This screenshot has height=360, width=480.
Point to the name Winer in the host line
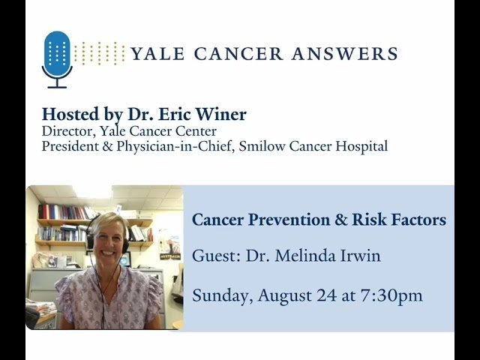[x=223, y=115]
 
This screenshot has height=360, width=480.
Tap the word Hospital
[x=363, y=147]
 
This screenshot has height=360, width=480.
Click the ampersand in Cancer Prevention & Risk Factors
[x=342, y=220]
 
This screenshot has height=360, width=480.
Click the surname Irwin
[x=358, y=256]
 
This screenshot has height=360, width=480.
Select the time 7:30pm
[x=390, y=295]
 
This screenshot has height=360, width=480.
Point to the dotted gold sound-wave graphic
[x=100, y=53]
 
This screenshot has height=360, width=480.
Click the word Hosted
[x=69, y=115]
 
